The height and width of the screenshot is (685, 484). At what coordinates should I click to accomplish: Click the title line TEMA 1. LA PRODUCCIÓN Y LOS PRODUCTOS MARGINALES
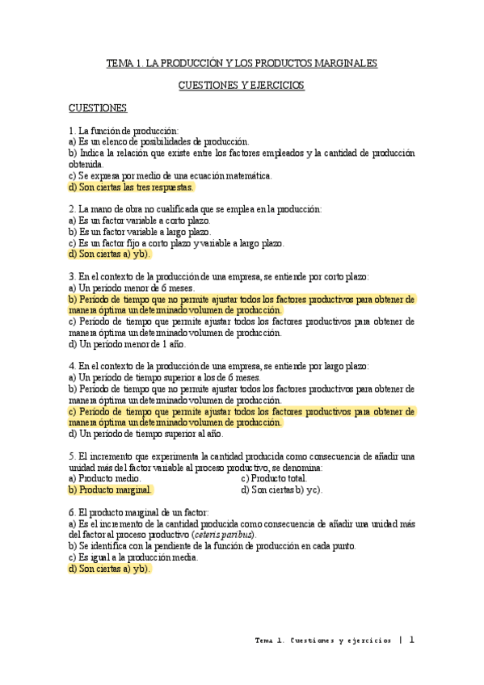click(242, 63)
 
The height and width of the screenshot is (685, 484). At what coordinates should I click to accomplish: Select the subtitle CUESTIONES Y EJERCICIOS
click(242, 85)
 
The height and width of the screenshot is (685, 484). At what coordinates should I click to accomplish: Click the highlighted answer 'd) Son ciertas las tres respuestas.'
click(132, 187)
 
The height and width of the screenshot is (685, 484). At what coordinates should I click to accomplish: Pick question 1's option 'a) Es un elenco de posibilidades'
click(159, 141)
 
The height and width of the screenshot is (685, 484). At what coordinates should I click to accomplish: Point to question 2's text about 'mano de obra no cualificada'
click(196, 208)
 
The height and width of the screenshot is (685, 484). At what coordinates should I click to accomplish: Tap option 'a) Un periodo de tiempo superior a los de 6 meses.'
click(165, 377)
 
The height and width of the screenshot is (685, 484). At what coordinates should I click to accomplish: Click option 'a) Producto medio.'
click(107, 479)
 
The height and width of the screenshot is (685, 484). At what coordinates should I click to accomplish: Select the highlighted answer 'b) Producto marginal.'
click(110, 490)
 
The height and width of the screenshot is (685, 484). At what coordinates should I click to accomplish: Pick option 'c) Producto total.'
click(274, 479)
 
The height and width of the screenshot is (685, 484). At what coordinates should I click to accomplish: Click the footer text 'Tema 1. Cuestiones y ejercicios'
click(323, 640)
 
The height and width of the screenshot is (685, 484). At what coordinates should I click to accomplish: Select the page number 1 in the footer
click(411, 639)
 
